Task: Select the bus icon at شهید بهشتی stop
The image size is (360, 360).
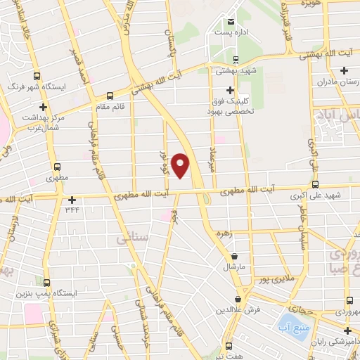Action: (x=236, y=59)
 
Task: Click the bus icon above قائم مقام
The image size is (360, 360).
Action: (x=109, y=96)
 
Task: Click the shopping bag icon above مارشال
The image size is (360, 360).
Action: (x=234, y=256)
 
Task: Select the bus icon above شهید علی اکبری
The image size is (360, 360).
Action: (x=315, y=184)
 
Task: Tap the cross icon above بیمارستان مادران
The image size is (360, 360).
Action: (x=344, y=70)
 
